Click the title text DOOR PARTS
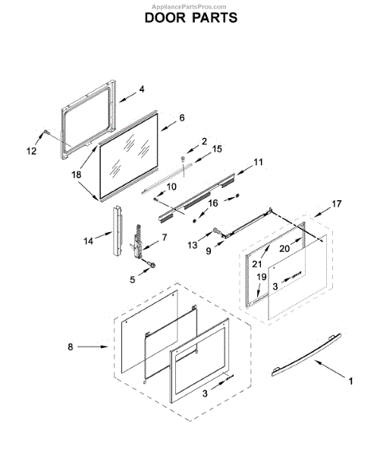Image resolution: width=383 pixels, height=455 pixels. pyautogui.click(x=190, y=17)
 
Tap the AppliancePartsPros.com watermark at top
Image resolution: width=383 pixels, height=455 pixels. pyautogui.click(x=191, y=5)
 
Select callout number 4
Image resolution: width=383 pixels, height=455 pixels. pyautogui.click(x=141, y=89)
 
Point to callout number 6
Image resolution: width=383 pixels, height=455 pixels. pyautogui.click(x=182, y=118)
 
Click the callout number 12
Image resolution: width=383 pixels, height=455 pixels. pyautogui.click(x=31, y=151)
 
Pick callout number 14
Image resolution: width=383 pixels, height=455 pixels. pyautogui.click(x=89, y=242)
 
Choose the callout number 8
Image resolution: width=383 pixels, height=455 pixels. pyautogui.click(x=71, y=348)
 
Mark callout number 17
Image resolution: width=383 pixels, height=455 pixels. pyautogui.click(x=337, y=204)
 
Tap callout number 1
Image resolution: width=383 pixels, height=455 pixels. pyautogui.click(x=350, y=381)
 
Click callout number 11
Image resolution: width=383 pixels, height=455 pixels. pyautogui.click(x=258, y=162)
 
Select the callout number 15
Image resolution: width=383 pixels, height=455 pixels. pyautogui.click(x=217, y=149)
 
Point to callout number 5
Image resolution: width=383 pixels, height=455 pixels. pyautogui.click(x=133, y=279)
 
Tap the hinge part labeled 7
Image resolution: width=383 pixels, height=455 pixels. pyautogui.click(x=140, y=237)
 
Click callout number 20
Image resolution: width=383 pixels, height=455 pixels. pyautogui.click(x=285, y=247)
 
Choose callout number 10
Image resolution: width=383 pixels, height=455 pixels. pyautogui.click(x=171, y=186)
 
